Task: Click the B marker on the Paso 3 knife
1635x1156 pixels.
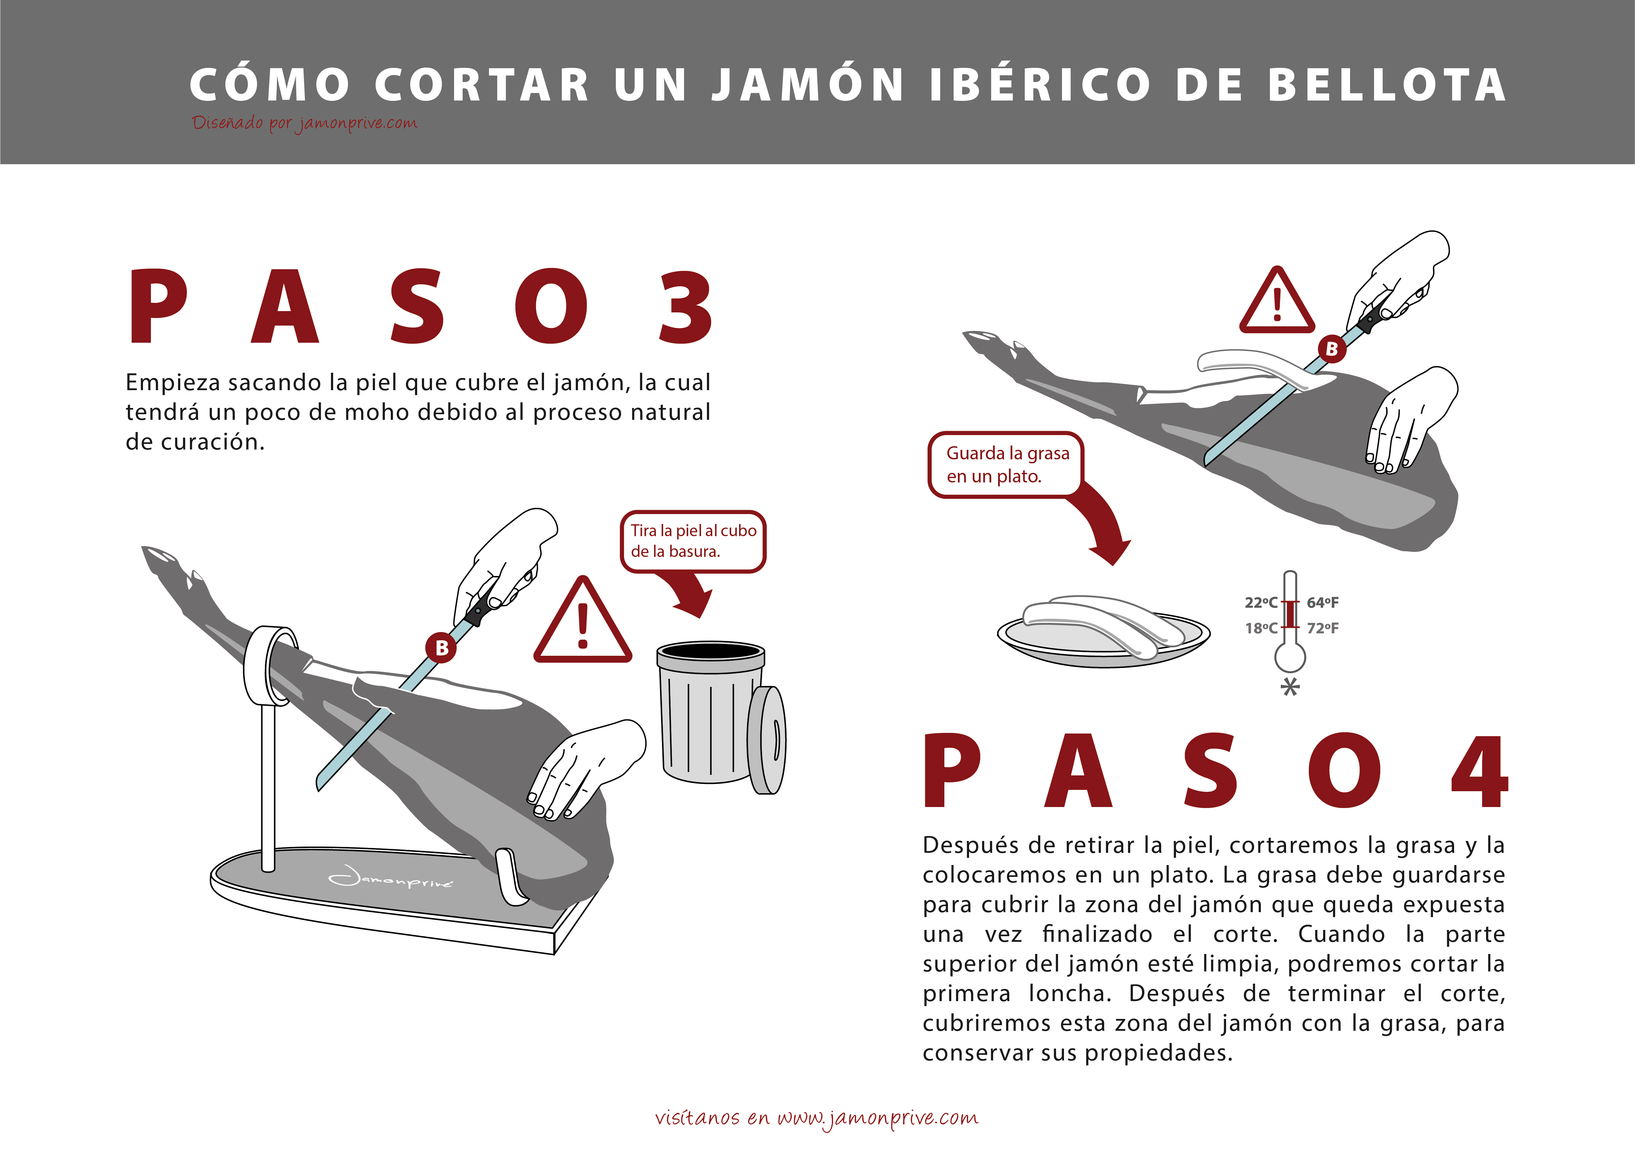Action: click(442, 648)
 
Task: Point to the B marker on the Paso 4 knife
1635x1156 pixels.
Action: click(1332, 349)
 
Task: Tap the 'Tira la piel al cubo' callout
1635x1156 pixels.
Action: click(693, 541)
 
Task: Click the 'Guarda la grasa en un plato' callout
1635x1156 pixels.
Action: click(1006, 464)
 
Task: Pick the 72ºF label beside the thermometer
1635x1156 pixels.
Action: click(1322, 628)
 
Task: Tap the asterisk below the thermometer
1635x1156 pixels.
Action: click(1290, 687)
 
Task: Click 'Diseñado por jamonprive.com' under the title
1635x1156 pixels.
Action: click(304, 123)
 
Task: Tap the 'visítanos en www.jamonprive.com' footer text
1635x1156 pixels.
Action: click(817, 1118)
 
